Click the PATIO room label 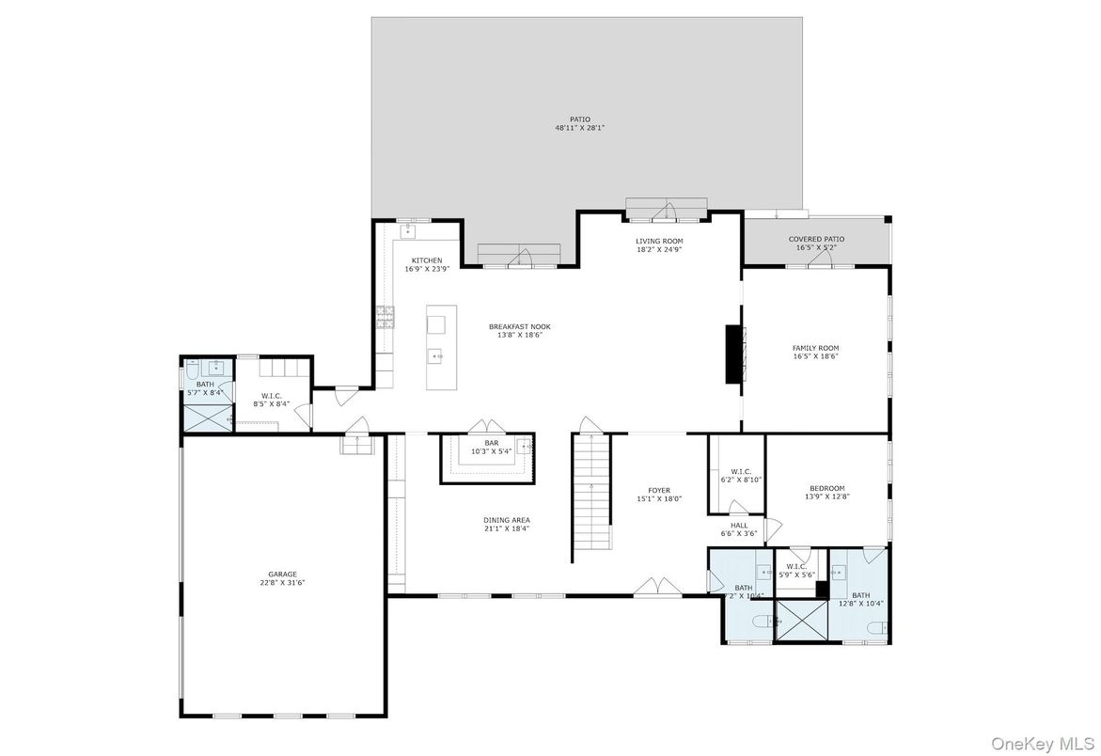point(579,119)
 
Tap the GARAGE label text point(282,574)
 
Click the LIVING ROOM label point(659,241)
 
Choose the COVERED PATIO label point(816,239)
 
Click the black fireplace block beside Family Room point(732,354)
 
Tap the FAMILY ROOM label point(815,348)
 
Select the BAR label point(491,442)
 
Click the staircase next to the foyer point(591,498)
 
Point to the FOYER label point(659,490)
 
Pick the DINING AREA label point(507,520)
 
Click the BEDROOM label point(826,488)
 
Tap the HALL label point(738,526)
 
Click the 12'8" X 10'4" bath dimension point(860,604)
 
